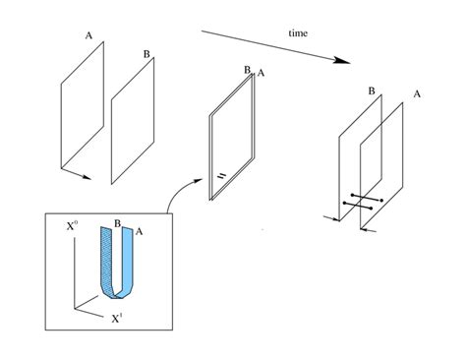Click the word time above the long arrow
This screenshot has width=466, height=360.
[x=298, y=33]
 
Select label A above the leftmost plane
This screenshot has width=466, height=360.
[x=88, y=35]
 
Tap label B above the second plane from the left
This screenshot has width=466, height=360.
[x=146, y=54]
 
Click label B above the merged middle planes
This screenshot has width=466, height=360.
[x=247, y=70]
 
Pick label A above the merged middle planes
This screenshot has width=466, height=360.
[x=261, y=73]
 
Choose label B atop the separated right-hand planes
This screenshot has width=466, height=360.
[x=372, y=90]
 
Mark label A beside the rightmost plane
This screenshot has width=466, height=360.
[x=417, y=94]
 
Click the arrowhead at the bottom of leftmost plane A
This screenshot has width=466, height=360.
[x=87, y=177]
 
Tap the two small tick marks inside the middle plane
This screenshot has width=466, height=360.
[x=222, y=175]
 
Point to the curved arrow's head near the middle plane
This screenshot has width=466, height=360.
[x=199, y=180]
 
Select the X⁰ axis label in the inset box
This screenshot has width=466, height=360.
[x=73, y=226]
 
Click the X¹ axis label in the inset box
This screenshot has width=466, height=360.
[x=117, y=319]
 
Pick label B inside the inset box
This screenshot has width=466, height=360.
[x=118, y=223]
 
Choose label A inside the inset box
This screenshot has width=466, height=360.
[x=139, y=231]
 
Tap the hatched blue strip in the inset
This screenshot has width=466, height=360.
[x=106, y=263]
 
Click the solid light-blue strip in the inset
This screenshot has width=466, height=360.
[x=128, y=263]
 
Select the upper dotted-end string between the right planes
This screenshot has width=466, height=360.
[x=367, y=198]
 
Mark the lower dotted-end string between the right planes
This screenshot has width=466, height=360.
[x=358, y=206]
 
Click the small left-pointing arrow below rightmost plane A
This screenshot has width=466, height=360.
[x=368, y=230]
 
